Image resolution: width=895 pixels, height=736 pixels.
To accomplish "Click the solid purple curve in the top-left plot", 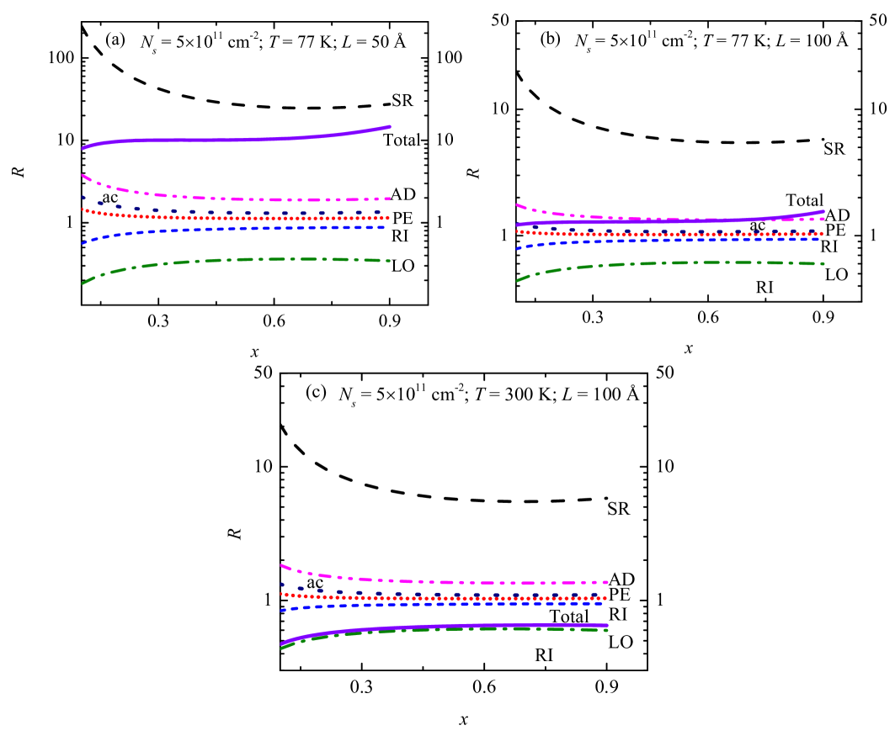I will tap(236, 140).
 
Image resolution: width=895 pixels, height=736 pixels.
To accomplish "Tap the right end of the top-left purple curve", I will tap(390, 127).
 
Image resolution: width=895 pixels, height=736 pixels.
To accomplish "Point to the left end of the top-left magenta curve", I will tap(83, 175).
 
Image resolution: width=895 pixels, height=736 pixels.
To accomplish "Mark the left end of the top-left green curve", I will tap(83, 283).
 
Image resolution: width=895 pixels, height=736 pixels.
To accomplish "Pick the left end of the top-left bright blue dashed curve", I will tap(83, 243).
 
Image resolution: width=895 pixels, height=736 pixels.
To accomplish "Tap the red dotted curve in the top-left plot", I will tap(236, 218).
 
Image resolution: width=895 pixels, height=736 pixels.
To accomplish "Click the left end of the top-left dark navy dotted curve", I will tap(83, 198).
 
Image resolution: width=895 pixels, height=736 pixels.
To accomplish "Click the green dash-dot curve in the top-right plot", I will tap(674, 262).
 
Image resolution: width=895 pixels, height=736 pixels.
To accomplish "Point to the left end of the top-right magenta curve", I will tap(517, 204).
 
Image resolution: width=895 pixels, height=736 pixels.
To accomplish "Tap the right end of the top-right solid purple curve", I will tap(823, 211).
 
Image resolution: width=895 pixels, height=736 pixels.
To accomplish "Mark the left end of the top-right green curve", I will tap(517, 280).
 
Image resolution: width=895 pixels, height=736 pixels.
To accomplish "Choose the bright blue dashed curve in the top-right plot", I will tap(674, 240).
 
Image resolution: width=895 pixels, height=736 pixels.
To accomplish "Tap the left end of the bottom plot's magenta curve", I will tap(281, 564).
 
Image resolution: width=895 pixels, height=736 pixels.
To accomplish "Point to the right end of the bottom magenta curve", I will tap(607, 582).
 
